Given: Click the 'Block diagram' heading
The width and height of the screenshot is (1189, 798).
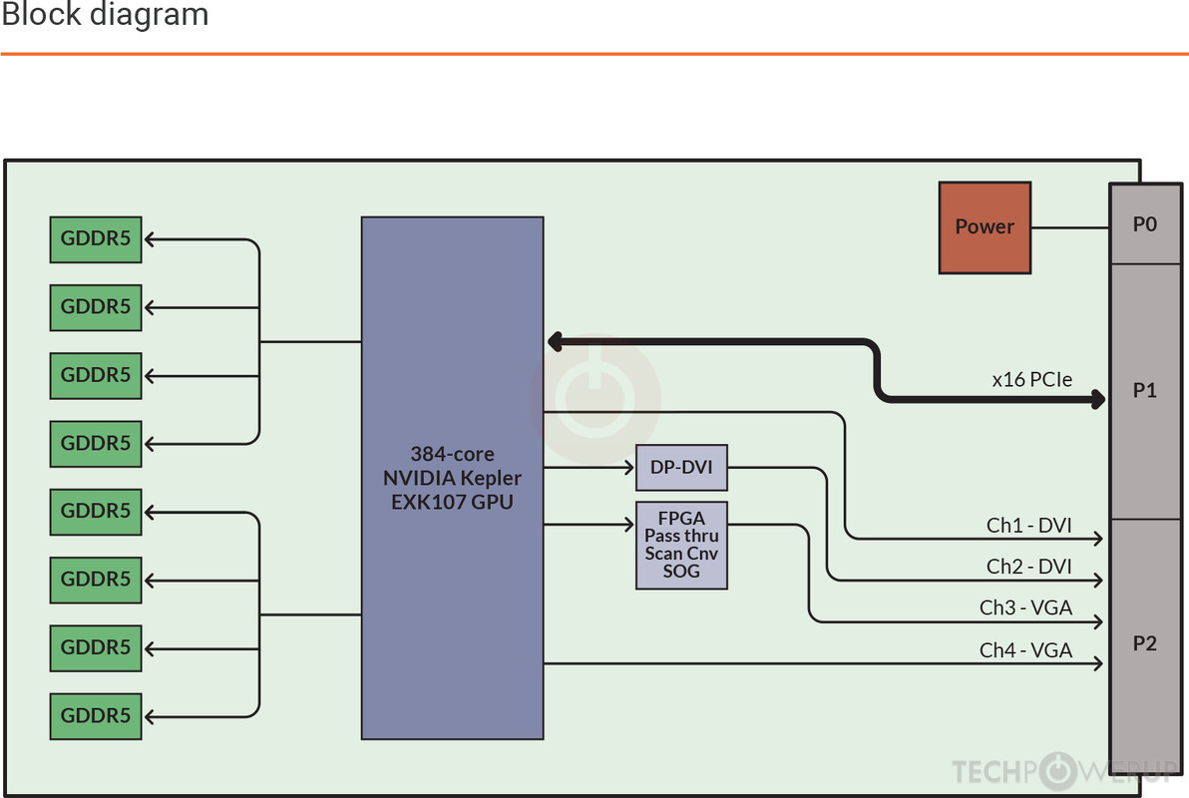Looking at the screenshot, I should pyautogui.click(x=105, y=16).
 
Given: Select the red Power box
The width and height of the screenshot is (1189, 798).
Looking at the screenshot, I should pyautogui.click(x=985, y=227).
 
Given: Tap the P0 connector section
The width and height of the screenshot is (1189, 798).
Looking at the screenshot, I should pyautogui.click(x=1145, y=224).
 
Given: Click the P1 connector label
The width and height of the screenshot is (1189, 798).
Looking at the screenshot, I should pyautogui.click(x=1145, y=391).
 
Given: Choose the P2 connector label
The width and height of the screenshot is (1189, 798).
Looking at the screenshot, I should pyautogui.click(x=1145, y=643).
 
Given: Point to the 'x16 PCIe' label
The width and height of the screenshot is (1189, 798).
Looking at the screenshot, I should pyautogui.click(x=1031, y=379).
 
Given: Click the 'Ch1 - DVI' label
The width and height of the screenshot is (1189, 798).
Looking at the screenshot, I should pyautogui.click(x=1029, y=526).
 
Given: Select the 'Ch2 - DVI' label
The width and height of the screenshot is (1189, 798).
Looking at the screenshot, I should pyautogui.click(x=1029, y=567).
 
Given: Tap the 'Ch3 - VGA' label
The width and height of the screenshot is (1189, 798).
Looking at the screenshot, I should pyautogui.click(x=1025, y=608).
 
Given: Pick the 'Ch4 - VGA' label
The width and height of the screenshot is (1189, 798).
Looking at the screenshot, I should pyautogui.click(x=1025, y=650).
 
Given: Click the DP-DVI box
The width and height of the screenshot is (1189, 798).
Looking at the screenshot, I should pyautogui.click(x=681, y=467).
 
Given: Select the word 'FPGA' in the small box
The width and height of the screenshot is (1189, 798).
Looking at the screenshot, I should pyautogui.click(x=681, y=519).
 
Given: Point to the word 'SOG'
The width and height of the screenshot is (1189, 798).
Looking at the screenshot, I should pyautogui.click(x=681, y=572).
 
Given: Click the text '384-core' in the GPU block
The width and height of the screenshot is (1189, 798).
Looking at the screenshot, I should pyautogui.click(x=452, y=454).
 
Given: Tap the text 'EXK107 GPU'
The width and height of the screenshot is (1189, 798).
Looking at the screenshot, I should pyautogui.click(x=452, y=502).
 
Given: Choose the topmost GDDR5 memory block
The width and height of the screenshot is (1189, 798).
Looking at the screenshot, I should pyautogui.click(x=96, y=239).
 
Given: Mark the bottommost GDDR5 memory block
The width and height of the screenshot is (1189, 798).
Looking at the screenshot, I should pyautogui.click(x=96, y=715).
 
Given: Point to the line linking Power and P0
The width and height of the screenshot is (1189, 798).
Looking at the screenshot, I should pyautogui.click(x=1070, y=227).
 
